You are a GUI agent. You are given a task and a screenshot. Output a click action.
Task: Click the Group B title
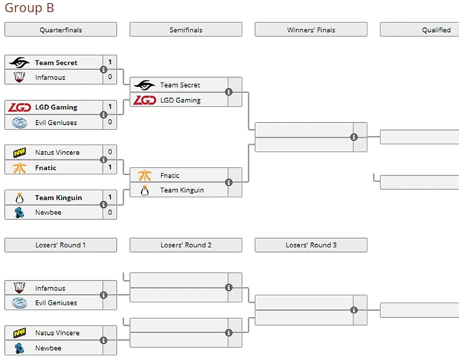click(30, 8)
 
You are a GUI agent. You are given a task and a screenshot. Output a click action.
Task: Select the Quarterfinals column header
click(60, 30)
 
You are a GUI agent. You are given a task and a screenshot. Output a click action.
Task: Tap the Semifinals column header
click(185, 30)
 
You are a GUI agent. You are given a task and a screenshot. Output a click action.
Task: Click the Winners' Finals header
click(311, 30)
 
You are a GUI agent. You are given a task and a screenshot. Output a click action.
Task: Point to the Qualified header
click(436, 30)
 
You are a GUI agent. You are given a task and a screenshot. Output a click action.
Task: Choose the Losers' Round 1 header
click(60, 245)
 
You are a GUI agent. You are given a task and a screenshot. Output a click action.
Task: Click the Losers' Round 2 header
click(185, 245)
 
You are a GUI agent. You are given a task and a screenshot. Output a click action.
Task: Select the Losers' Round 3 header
click(311, 245)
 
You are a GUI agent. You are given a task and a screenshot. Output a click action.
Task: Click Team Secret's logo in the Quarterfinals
click(19, 62)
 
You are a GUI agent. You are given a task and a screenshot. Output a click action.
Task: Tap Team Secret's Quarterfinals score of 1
click(110, 62)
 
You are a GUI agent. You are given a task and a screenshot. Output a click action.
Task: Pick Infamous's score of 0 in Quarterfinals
click(110, 77)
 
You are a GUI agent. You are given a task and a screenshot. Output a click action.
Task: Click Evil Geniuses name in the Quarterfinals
click(56, 122)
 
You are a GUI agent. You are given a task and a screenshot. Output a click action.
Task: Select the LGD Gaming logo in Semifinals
click(145, 100)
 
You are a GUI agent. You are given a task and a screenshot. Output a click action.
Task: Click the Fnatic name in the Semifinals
click(170, 176)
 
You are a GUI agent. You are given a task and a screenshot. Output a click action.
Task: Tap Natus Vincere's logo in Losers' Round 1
click(19, 333)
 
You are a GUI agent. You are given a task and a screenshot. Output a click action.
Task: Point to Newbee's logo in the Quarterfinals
click(19, 213)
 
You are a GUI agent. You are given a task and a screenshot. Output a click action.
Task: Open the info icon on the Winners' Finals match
click(354, 137)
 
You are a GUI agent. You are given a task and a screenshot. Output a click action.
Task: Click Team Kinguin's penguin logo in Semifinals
click(145, 190)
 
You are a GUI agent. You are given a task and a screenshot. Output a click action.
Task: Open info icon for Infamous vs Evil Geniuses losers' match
click(104, 295)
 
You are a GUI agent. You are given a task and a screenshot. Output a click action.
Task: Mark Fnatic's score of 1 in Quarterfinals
click(110, 167)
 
